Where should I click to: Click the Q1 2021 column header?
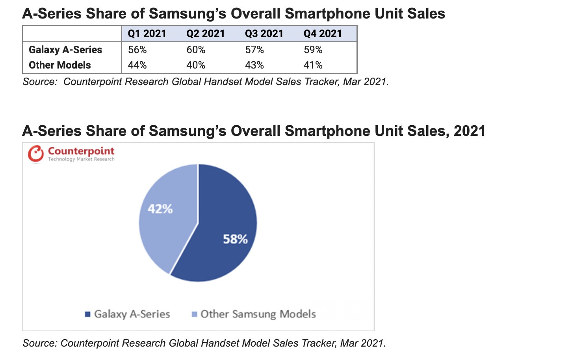[x=147, y=34]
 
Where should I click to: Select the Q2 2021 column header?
[x=205, y=34]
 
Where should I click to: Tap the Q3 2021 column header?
[x=264, y=34]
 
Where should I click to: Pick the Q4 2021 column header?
[x=322, y=34]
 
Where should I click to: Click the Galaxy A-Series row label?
[x=65, y=50]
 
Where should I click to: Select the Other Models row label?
[x=60, y=65]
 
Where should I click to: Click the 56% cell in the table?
[x=137, y=50]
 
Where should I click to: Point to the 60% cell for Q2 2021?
[x=196, y=50]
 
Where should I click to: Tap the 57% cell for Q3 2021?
[x=254, y=50]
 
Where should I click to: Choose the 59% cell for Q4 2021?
[x=313, y=50]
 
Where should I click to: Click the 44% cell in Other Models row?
[x=137, y=65]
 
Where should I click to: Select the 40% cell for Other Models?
[x=196, y=65]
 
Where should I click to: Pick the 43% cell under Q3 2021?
[x=254, y=65]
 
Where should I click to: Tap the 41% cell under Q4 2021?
[x=313, y=65]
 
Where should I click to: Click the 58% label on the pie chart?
[x=235, y=239]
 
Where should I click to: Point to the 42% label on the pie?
[x=160, y=209]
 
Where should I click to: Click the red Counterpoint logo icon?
[x=36, y=154]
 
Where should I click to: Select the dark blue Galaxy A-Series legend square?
[x=88, y=314]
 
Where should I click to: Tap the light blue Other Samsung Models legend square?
[x=194, y=314]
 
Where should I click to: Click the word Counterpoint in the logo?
[x=81, y=151]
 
